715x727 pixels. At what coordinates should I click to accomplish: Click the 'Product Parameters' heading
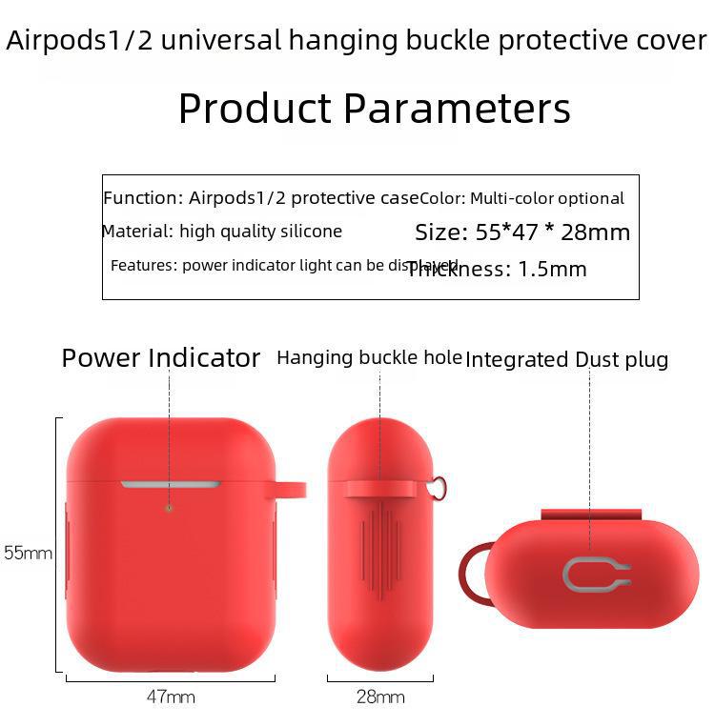pos(374,109)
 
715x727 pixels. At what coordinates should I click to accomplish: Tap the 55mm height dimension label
pos(28,553)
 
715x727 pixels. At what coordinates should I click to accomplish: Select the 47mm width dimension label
pos(171,697)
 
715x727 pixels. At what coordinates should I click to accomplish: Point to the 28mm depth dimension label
pos(379,697)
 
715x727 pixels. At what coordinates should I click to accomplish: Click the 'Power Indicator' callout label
pos(160,358)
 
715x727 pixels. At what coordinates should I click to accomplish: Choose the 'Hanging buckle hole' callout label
pos(369,358)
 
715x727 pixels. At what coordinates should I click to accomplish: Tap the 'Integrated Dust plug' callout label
pos(566,359)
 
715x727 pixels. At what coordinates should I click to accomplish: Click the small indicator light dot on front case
pos(170,508)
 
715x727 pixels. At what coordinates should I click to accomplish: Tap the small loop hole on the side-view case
pos(439,488)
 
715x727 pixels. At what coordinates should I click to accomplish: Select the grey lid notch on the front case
pos(170,484)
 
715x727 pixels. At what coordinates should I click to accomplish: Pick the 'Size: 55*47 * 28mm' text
pos(522,232)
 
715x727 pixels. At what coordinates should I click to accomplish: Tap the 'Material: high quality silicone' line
pos(222,232)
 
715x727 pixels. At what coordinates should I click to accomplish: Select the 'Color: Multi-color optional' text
pos(522,198)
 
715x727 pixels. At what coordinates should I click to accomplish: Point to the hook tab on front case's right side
pos(290,490)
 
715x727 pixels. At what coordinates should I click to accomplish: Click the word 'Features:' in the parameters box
pos(143,265)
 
